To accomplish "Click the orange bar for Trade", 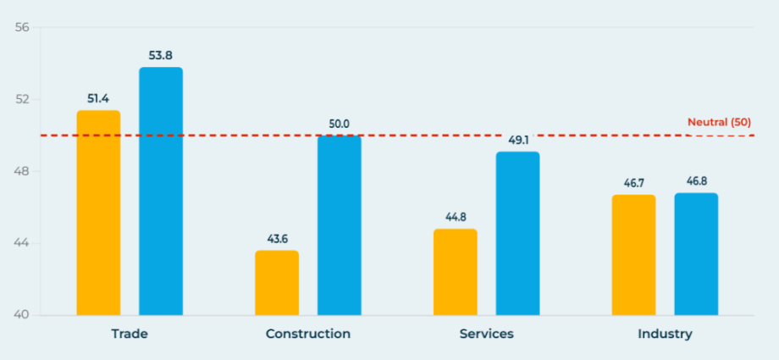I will point(98,213).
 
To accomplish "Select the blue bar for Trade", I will point(161,191).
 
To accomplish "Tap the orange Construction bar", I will point(277,283).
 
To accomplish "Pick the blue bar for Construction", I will point(339,225).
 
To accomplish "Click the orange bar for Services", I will point(455,272).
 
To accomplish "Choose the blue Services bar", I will point(517,234).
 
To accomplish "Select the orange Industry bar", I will point(633,255).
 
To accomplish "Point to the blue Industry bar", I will point(696,254).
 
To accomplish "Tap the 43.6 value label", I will point(277,239).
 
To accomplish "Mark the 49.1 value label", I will point(517,141).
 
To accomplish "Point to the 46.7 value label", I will point(633,183).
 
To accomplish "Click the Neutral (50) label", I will point(719,122).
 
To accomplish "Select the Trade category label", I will point(130,334).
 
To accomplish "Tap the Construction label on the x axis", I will point(308,334).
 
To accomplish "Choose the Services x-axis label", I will point(486,334).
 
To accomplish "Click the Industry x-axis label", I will point(665,334).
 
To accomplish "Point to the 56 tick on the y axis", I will point(22,27).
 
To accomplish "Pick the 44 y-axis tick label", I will point(22,244).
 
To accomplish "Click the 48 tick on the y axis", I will point(22,172).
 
